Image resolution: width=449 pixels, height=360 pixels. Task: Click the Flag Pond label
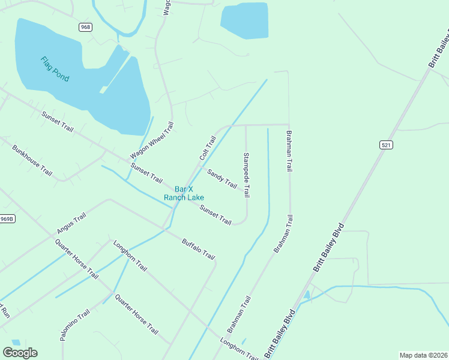pyautogui.click(x=55, y=69)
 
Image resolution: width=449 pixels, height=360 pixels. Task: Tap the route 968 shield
pyautogui.click(x=85, y=28)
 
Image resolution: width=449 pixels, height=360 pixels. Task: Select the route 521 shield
pyautogui.click(x=386, y=145)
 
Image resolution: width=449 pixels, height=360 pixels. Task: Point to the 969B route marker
pyautogui.click(x=6, y=219)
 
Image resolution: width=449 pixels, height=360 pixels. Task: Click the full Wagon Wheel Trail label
pyautogui.click(x=151, y=141)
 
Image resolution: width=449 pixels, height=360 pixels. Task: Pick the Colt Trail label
pyautogui.click(x=208, y=148)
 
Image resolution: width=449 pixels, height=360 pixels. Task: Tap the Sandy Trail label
pyautogui.click(x=222, y=178)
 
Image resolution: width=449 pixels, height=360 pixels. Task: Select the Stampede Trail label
pyautogui.click(x=246, y=175)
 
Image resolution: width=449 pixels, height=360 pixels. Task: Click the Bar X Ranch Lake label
pyautogui.click(x=184, y=193)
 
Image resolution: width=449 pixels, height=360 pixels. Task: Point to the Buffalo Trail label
pyautogui.click(x=198, y=249)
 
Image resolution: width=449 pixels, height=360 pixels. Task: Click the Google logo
pyautogui.click(x=20, y=353)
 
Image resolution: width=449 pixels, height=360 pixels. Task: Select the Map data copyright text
pyautogui.click(x=423, y=355)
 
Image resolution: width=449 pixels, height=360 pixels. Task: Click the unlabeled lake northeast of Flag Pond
pyautogui.click(x=244, y=21)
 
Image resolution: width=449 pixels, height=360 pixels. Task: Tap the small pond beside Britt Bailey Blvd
pyautogui.click(x=307, y=295)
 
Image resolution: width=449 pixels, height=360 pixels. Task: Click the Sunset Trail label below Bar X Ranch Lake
pyautogui.click(x=215, y=215)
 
